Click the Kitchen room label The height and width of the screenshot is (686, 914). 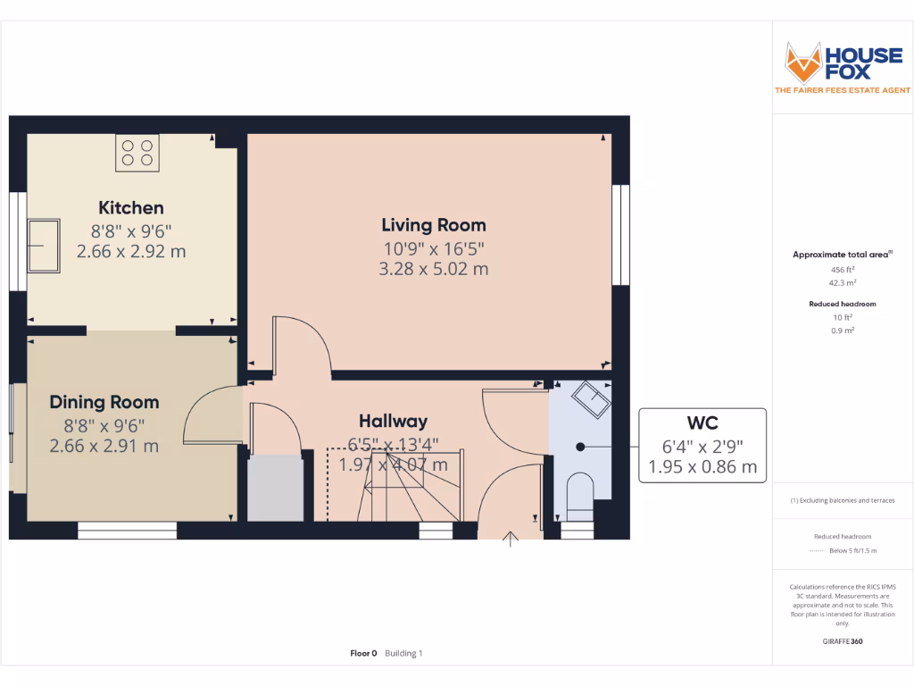pyautogui.click(x=131, y=208)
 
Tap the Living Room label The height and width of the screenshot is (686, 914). pyautogui.click(x=434, y=225)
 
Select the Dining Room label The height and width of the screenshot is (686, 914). pyautogui.click(x=104, y=402)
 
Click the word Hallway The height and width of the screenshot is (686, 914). pyautogui.click(x=393, y=421)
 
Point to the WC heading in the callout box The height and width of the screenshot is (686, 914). pyautogui.click(x=702, y=422)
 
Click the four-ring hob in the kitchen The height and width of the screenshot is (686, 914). pyautogui.click(x=137, y=153)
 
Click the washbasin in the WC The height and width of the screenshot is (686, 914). pyautogui.click(x=591, y=398)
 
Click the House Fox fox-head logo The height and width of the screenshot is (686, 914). pyautogui.click(x=803, y=62)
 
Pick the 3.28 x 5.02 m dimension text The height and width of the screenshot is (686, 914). pyautogui.click(x=434, y=269)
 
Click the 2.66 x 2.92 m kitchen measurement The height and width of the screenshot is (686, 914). pyautogui.click(x=131, y=252)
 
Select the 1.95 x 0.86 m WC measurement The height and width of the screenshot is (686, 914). pyautogui.click(x=702, y=466)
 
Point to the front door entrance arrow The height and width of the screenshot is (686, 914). pyautogui.click(x=511, y=540)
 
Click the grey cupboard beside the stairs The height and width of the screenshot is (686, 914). pyautogui.click(x=274, y=488)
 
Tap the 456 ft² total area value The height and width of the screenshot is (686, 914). pyautogui.click(x=842, y=269)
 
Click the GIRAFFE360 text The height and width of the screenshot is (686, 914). pyautogui.click(x=842, y=641)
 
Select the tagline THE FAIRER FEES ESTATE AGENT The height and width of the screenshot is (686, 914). pyautogui.click(x=842, y=90)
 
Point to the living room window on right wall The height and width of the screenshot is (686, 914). pyautogui.click(x=619, y=236)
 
